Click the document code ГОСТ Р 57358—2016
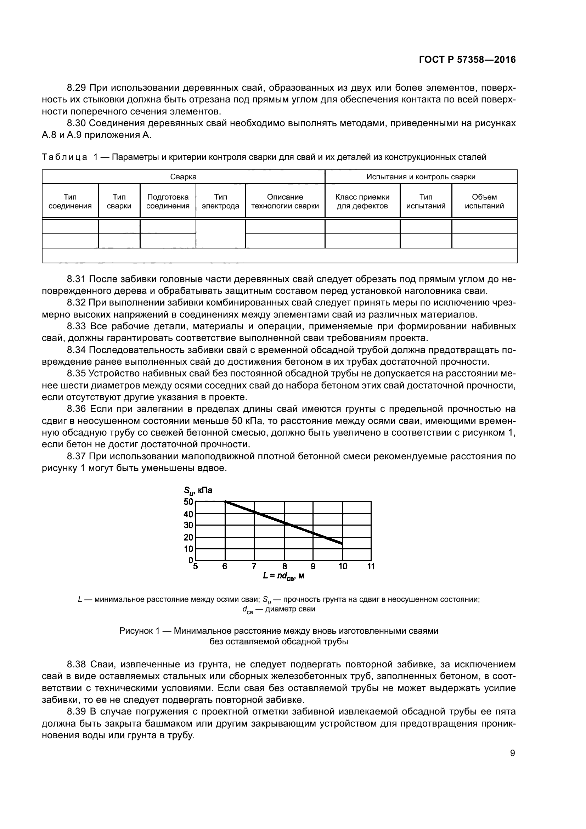point(467,60)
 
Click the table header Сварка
point(183,177)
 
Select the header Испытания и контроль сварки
point(421,177)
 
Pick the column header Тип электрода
point(220,201)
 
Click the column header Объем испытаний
point(484,201)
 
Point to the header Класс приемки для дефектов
point(362,201)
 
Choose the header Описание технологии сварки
point(285,201)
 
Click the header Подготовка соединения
point(168,201)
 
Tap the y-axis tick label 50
point(188,502)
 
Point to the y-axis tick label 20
point(188,537)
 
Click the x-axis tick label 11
point(371,566)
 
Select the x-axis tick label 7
point(254,566)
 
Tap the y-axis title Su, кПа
point(198,490)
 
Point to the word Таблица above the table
point(64,157)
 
